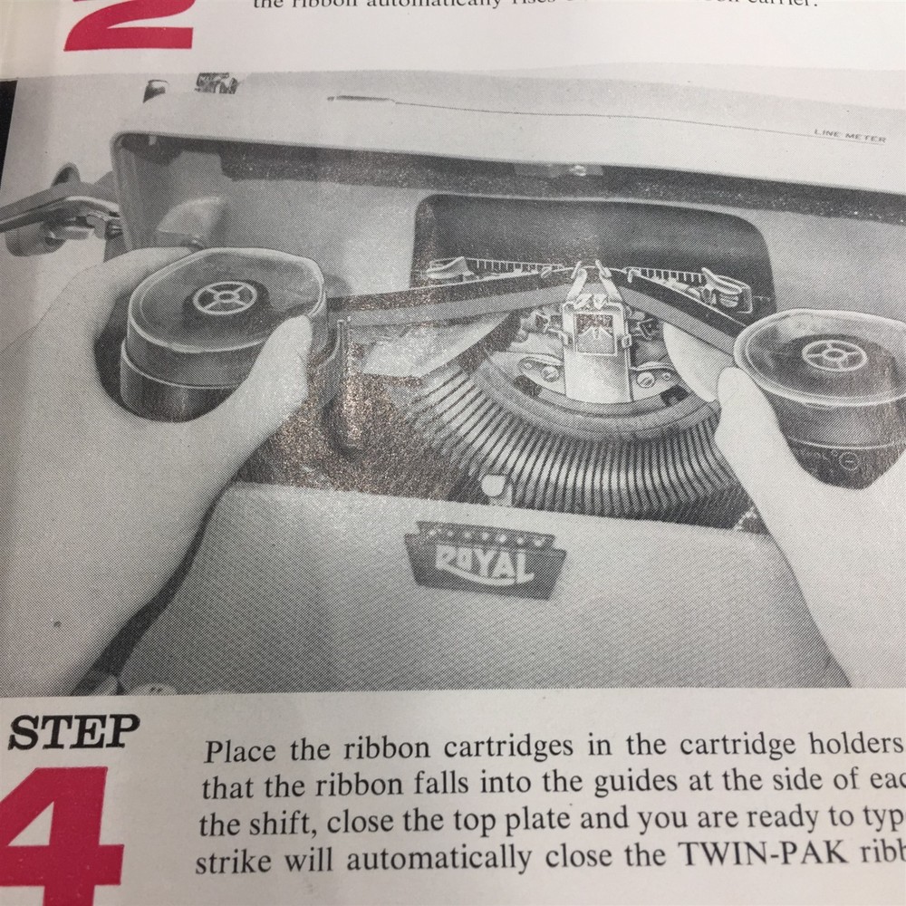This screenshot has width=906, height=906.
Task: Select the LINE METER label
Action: [849, 136]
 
